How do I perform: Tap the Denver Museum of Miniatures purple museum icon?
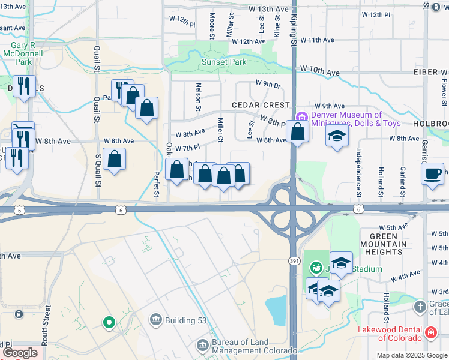pyautogui.click(x=301, y=116)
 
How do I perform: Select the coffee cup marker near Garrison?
pyautogui.click(x=433, y=174)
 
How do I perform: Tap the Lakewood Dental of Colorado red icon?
pyautogui.click(x=430, y=331)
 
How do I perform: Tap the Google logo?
pyautogui.click(x=20, y=353)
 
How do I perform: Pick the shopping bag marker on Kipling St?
pyautogui.click(x=297, y=131)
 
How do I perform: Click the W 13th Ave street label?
pyautogui.click(x=270, y=10)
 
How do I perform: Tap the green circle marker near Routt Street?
pyautogui.click(x=109, y=323)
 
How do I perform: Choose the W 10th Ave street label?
pyautogui.click(x=317, y=71)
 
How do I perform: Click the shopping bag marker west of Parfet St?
pyautogui.click(x=114, y=159)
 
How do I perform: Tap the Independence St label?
pyautogui.click(x=358, y=173)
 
